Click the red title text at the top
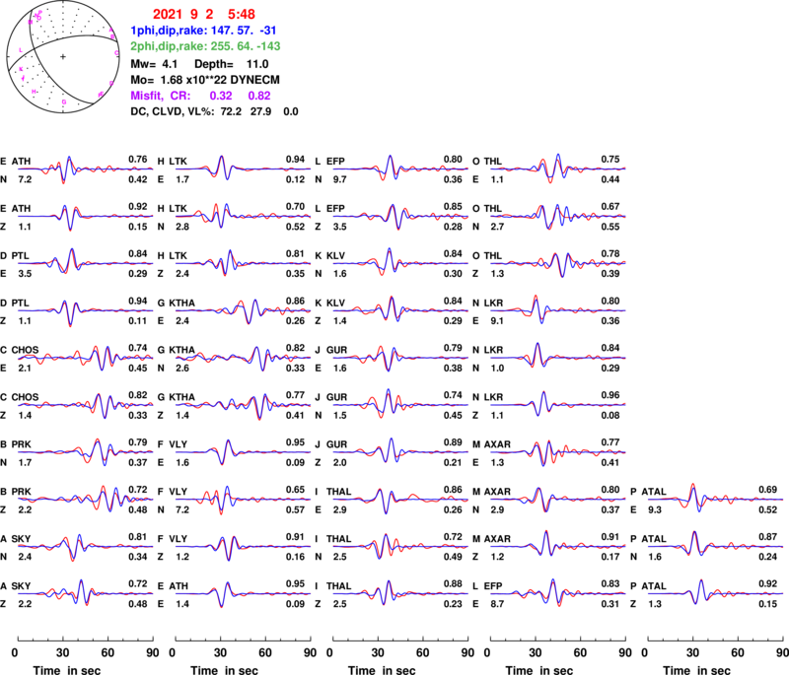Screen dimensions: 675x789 204,14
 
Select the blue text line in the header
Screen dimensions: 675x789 204,31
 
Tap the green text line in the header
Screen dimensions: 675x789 205,46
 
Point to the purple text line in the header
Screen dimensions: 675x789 200,96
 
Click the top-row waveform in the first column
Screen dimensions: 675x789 85,169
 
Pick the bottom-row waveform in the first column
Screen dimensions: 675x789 85,593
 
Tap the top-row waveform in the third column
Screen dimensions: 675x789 400,169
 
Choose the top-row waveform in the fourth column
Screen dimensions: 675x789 558,169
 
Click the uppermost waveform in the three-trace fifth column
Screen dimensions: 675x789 715,499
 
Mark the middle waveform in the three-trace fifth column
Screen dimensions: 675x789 715,545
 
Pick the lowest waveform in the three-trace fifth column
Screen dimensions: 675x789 715,593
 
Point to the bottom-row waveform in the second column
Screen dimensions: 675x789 243,593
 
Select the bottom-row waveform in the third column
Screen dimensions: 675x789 400,593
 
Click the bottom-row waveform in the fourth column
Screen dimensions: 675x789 558,593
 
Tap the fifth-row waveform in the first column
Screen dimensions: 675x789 85,357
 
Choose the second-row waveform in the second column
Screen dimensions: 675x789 243,215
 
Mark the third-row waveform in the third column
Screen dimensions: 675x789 400,263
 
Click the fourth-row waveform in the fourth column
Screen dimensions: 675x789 558,310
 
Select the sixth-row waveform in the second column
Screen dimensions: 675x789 243,404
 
